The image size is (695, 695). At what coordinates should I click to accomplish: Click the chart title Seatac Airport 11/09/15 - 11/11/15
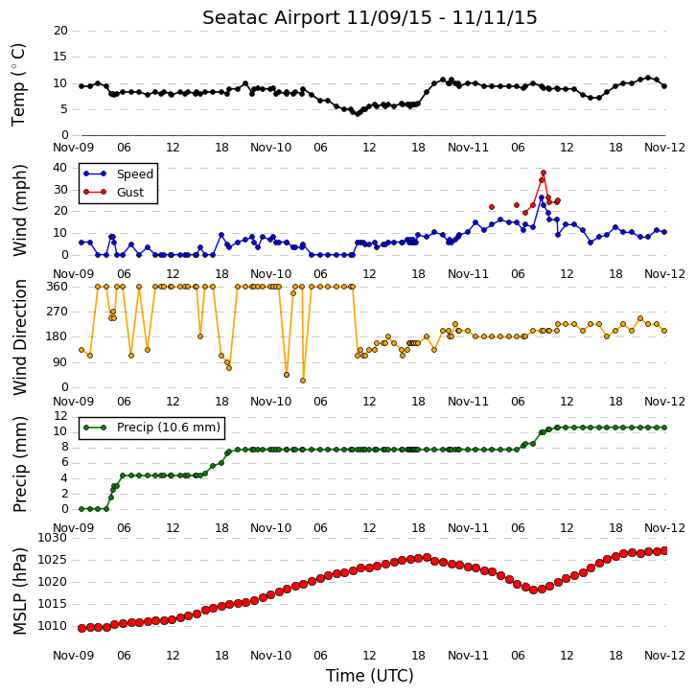pyautogui.click(x=370, y=17)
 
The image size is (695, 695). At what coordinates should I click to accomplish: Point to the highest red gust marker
pyautogui.click(x=544, y=173)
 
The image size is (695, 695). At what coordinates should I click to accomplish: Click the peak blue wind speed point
pyautogui.click(x=542, y=197)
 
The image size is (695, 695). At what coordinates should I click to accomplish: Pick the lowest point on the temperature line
pyautogui.click(x=358, y=114)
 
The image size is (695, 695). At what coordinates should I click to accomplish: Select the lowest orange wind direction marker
pyautogui.click(x=303, y=381)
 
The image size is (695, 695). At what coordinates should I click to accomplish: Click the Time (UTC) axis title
pyautogui.click(x=370, y=676)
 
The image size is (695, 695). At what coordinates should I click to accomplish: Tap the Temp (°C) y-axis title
pyautogui.click(x=18, y=84)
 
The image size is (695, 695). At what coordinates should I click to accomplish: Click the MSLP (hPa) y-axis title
pyautogui.click(x=19, y=591)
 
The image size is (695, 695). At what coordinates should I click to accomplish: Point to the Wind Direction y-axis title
pyautogui.click(x=19, y=337)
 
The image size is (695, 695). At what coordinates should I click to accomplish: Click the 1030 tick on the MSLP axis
pyautogui.click(x=52, y=538)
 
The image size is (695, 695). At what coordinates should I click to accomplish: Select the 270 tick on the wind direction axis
pyautogui.click(x=58, y=312)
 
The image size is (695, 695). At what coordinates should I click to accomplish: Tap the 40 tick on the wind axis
pyautogui.click(x=59, y=168)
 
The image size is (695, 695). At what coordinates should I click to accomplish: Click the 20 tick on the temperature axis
pyautogui.click(x=60, y=31)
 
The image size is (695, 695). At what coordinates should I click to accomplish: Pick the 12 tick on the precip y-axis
pyautogui.click(x=60, y=416)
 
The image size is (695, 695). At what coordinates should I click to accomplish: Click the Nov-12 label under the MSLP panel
pyautogui.click(x=664, y=655)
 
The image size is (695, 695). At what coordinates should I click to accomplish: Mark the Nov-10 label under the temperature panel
pyautogui.click(x=271, y=148)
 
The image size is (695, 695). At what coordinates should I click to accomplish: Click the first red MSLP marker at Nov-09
pyautogui.click(x=81, y=628)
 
